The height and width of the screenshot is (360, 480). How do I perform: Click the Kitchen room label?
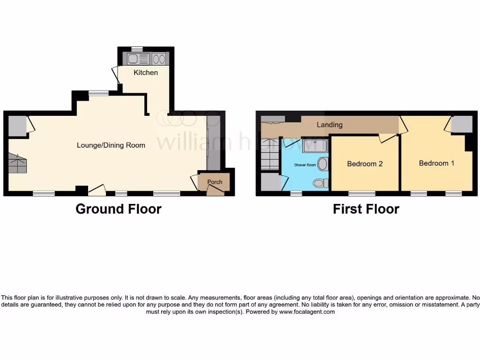point(146,73)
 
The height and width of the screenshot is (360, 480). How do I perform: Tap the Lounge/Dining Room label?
point(111,145)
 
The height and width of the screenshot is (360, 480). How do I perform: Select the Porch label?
point(215,182)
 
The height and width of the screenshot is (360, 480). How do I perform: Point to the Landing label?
point(330,125)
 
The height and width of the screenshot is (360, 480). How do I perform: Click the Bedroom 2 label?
point(365,164)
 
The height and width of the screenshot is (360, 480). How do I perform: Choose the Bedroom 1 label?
point(436,163)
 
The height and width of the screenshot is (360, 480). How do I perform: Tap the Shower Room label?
point(305,165)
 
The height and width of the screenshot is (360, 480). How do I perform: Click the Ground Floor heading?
point(119,209)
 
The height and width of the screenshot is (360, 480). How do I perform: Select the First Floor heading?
point(366,209)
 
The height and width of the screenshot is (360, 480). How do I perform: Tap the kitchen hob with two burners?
point(159,59)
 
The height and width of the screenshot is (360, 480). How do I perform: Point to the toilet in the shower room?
point(321,183)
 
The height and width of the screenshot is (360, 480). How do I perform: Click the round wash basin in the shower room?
point(322,164)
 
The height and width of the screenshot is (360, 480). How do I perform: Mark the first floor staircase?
point(270,155)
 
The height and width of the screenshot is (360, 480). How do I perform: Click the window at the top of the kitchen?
point(137,49)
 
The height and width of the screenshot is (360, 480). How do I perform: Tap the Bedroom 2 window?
point(361,193)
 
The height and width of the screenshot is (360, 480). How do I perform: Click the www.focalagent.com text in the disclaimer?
point(307,312)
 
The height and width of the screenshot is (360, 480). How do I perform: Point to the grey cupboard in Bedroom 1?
point(462,124)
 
